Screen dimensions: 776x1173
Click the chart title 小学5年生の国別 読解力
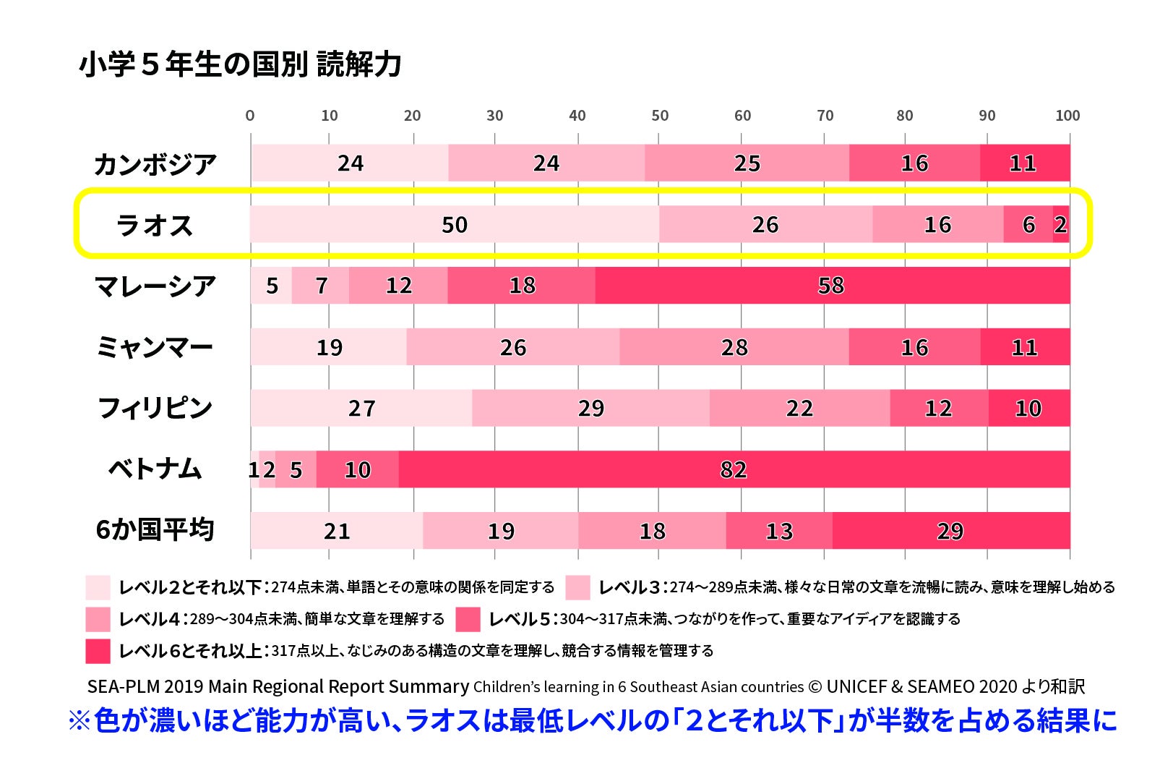240,64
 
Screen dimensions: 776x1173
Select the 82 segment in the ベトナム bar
734,469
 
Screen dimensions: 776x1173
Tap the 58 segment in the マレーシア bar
832,286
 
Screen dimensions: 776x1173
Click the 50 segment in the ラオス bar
455,224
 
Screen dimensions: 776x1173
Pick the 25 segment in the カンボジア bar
747,163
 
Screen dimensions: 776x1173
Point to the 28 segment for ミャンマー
734,347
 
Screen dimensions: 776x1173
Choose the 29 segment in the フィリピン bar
590,408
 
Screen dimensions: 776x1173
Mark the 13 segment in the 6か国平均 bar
779,531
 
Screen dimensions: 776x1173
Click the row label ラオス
155,225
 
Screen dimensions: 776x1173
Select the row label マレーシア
155,286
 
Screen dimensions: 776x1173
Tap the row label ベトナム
155,469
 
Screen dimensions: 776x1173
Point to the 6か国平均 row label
155,530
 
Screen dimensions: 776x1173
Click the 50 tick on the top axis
660,116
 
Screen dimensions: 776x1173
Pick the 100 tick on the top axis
1067,116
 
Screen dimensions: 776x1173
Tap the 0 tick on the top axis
250,116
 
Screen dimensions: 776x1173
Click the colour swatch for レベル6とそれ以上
98,651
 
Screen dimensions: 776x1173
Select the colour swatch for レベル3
577,587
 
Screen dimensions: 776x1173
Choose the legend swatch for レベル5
468,619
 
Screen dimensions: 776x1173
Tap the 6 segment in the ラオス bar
1028,224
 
